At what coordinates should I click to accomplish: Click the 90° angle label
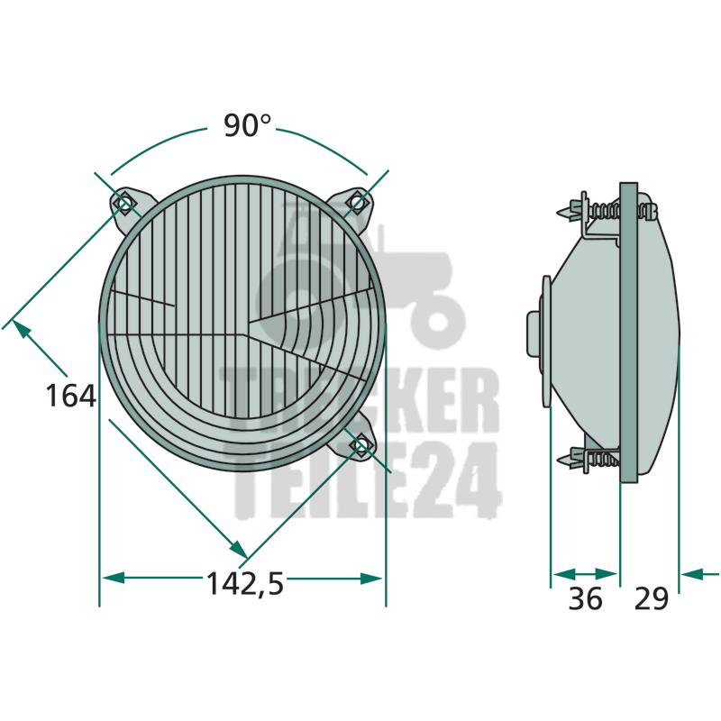tap(247, 125)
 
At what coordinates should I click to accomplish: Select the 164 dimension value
tap(71, 396)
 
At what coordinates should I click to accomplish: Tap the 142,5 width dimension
tap(245, 583)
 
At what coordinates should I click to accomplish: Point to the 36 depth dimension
tap(585, 598)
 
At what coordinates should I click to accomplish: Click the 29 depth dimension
tap(651, 598)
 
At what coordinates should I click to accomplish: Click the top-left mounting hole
tap(124, 202)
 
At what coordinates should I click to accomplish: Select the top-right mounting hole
tap(357, 201)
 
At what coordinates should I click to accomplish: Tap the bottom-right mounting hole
tap(362, 444)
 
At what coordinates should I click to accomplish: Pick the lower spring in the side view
tap(603, 459)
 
